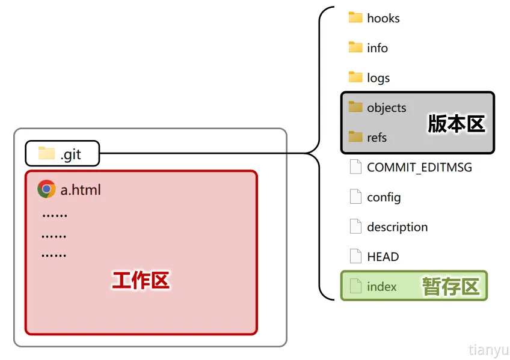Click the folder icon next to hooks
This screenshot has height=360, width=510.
tap(355, 17)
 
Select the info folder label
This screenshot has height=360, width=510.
tap(377, 48)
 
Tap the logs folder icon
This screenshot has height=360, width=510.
tap(355, 77)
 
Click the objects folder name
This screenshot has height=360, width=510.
tap(386, 108)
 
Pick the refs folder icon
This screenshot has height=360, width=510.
tap(355, 136)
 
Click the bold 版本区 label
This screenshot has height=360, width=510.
tap(456, 124)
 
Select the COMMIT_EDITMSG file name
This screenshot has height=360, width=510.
tap(419, 168)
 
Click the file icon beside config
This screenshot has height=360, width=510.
tap(355, 197)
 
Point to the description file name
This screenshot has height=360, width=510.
tap(397, 227)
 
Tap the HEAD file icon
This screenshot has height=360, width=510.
tap(355, 256)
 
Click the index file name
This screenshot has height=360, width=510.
tap(381, 287)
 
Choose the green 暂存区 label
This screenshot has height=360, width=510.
tap(450, 287)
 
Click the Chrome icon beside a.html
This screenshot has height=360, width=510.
tap(46, 189)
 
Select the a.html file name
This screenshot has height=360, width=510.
tap(81, 191)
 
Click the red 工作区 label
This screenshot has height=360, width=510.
tap(141, 281)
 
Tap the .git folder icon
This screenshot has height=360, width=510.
tap(46, 153)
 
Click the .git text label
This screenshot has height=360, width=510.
tap(70, 154)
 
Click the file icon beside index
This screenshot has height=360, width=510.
tap(355, 286)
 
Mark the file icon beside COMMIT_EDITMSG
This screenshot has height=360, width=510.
tap(355, 167)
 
